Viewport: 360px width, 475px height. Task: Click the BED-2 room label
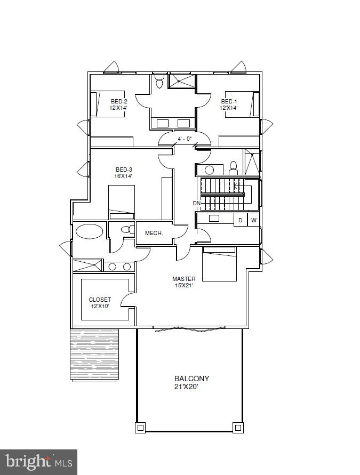(x=119, y=104)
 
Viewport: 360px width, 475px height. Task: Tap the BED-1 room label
(x=229, y=104)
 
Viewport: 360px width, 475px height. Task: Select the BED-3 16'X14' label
(x=124, y=173)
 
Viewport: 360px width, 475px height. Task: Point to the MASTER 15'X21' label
(x=183, y=282)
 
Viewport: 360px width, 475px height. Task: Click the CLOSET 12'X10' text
(x=100, y=303)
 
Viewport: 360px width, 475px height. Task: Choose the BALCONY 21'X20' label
(x=191, y=383)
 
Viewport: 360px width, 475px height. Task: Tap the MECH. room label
(x=154, y=234)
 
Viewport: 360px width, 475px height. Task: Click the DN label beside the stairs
(x=197, y=203)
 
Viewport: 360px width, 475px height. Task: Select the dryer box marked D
(x=241, y=220)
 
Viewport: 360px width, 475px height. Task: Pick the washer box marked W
(x=254, y=220)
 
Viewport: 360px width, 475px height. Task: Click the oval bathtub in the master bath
(x=90, y=231)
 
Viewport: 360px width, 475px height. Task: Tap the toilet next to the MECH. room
(x=126, y=230)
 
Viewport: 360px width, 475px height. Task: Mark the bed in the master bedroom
(x=219, y=263)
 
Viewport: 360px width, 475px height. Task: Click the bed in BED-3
(x=122, y=202)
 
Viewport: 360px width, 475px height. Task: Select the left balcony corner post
(x=140, y=427)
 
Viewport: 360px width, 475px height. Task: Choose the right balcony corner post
(x=237, y=427)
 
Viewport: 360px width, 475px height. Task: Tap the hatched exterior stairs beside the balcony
(x=94, y=353)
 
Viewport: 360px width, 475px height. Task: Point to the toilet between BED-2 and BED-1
(x=159, y=83)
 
